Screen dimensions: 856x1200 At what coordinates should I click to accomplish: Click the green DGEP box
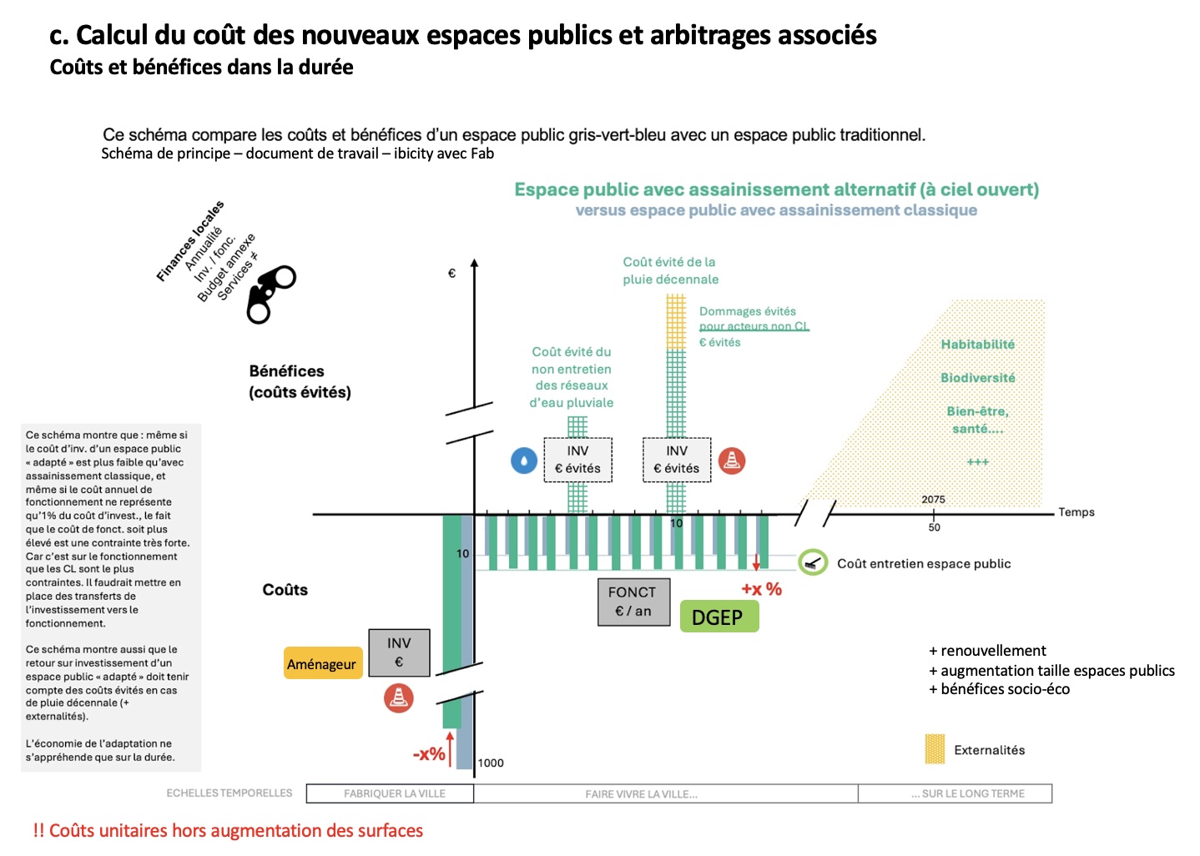(718, 617)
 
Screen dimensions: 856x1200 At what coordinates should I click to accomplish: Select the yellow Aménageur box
(322, 664)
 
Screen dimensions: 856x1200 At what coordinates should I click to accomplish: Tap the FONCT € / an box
(633, 602)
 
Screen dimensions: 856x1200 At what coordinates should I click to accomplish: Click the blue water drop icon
(524, 461)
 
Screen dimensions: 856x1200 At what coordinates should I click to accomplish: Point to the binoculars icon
(270, 294)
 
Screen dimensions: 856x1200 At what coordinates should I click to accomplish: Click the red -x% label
(429, 754)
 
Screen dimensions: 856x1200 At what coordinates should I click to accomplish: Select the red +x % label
(761, 589)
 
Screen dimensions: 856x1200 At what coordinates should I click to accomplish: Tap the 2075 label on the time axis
(933, 500)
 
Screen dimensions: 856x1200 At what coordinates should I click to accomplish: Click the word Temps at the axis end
(1076, 512)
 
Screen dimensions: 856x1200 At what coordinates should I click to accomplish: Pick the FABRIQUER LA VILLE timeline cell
(394, 793)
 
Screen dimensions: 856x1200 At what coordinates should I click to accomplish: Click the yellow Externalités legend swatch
(935, 749)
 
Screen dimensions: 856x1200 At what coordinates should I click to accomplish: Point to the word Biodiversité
(977, 378)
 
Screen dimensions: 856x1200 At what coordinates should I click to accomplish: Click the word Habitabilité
(977, 345)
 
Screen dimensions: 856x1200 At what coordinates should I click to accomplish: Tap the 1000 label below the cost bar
(491, 763)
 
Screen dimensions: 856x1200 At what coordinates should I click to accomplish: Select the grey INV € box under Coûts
(399, 652)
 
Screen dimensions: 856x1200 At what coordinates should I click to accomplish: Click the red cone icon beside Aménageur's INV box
(399, 697)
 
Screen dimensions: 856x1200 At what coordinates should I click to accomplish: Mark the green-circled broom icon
(812, 562)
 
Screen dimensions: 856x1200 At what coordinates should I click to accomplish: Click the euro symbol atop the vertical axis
(451, 273)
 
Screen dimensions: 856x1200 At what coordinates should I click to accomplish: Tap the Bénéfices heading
(287, 371)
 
